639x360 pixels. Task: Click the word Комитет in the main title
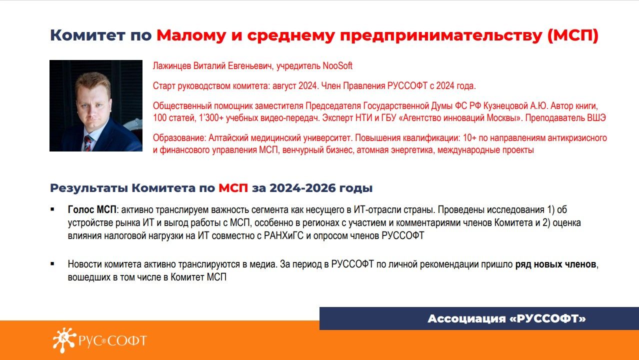[x=87, y=35]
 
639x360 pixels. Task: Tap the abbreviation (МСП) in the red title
[x=573, y=35]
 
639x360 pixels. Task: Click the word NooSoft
[x=337, y=66]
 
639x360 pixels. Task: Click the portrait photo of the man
[x=96, y=105]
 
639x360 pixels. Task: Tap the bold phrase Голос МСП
[x=92, y=209]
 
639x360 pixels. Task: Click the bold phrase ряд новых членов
[x=555, y=264]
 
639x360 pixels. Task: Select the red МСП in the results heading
[x=233, y=188]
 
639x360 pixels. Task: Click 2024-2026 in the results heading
[x=302, y=188]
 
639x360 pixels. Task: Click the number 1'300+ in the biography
[x=211, y=118]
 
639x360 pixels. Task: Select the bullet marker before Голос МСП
[x=52, y=209]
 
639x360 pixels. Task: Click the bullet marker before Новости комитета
[x=52, y=264]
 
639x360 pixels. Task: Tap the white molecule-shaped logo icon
[x=64, y=340]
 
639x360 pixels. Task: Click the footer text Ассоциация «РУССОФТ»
[x=506, y=318]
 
